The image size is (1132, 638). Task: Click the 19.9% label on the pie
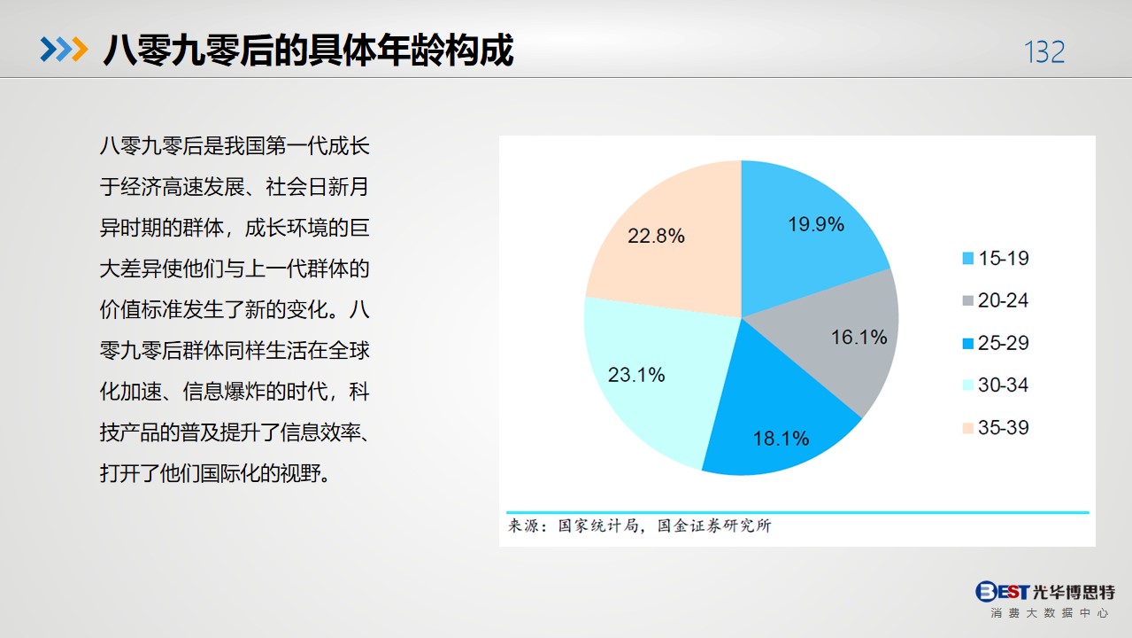tap(816, 224)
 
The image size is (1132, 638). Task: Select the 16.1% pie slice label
tap(859, 337)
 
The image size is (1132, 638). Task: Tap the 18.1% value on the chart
tap(781, 438)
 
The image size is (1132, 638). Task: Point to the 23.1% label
tap(636, 375)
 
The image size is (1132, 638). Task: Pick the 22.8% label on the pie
tap(656, 236)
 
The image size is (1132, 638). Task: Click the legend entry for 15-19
tap(996, 258)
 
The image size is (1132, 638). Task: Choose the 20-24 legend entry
tap(996, 300)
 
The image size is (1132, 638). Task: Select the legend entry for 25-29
tap(996, 343)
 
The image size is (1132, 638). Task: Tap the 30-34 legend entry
tap(996, 385)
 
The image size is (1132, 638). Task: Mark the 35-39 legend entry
tap(996, 427)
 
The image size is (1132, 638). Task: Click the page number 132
tap(1044, 52)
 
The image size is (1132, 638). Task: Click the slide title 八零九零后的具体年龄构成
tap(308, 51)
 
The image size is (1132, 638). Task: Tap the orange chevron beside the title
tap(80, 50)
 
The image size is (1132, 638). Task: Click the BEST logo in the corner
tap(1002, 591)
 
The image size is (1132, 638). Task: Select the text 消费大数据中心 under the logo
tap(1049, 613)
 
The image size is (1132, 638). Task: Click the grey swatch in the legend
tap(967, 301)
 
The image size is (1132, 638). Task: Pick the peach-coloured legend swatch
tap(967, 428)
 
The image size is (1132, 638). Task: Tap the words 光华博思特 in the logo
tap(1074, 592)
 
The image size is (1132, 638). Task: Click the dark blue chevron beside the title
tap(49, 50)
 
